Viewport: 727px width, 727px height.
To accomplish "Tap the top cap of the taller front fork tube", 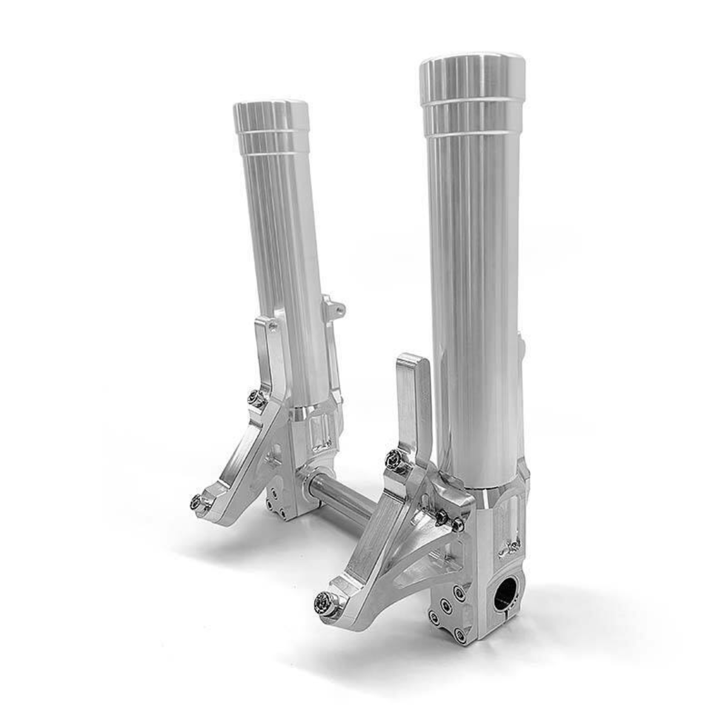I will click(472, 76).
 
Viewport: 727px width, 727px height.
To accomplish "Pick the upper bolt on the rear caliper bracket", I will click(256, 398).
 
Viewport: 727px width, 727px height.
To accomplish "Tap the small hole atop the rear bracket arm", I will click(272, 327).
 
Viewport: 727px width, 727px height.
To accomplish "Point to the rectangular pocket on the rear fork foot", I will click(317, 433).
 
